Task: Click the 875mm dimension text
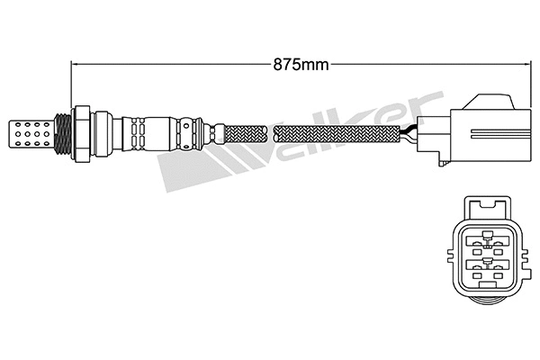[301, 63]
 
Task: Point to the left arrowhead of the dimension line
[75, 63]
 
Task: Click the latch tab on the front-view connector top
[488, 208]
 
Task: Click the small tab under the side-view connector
[438, 163]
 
